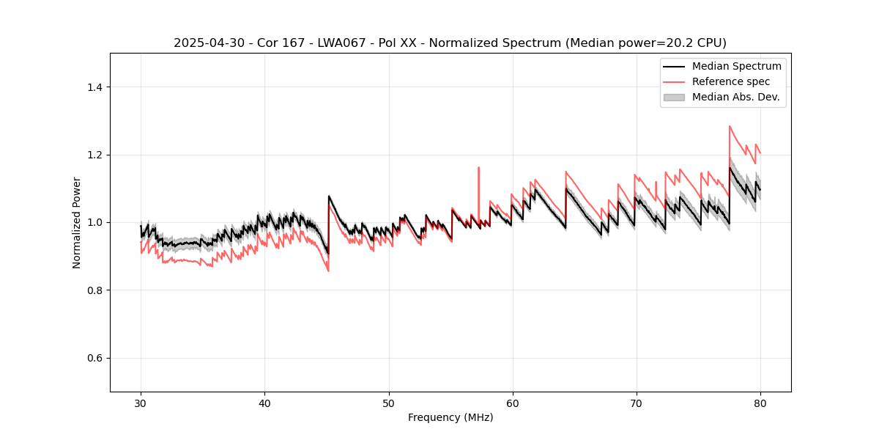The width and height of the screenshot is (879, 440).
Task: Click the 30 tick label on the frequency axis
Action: point(141,403)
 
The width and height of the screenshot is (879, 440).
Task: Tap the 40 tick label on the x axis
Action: point(264,403)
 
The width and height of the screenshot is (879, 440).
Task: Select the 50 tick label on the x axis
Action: point(388,403)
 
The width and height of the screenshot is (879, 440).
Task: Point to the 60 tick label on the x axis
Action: point(512,403)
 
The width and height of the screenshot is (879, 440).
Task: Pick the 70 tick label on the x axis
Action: point(636,403)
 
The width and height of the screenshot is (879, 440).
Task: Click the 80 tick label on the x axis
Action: point(760,403)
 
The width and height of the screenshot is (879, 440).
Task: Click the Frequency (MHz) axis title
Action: point(450,417)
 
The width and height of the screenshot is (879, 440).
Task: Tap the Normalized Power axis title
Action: point(77,222)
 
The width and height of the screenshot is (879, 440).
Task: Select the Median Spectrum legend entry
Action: point(736,66)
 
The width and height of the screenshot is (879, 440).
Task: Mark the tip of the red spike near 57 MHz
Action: point(478,167)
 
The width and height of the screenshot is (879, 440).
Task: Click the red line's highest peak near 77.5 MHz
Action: point(730,126)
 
